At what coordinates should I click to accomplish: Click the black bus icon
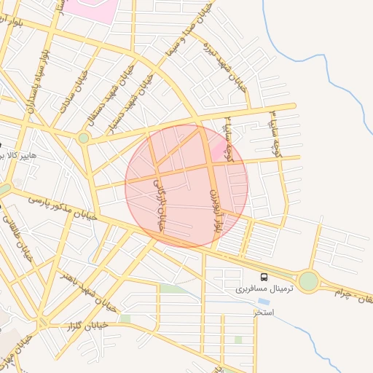[x=264, y=277]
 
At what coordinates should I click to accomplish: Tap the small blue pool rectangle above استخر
[x=262, y=301]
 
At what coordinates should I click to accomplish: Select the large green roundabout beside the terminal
[x=309, y=281]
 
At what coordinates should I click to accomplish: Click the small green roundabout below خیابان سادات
[x=84, y=138]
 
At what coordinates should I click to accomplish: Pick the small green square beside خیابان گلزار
[x=125, y=318]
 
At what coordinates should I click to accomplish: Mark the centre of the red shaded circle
[x=186, y=186]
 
